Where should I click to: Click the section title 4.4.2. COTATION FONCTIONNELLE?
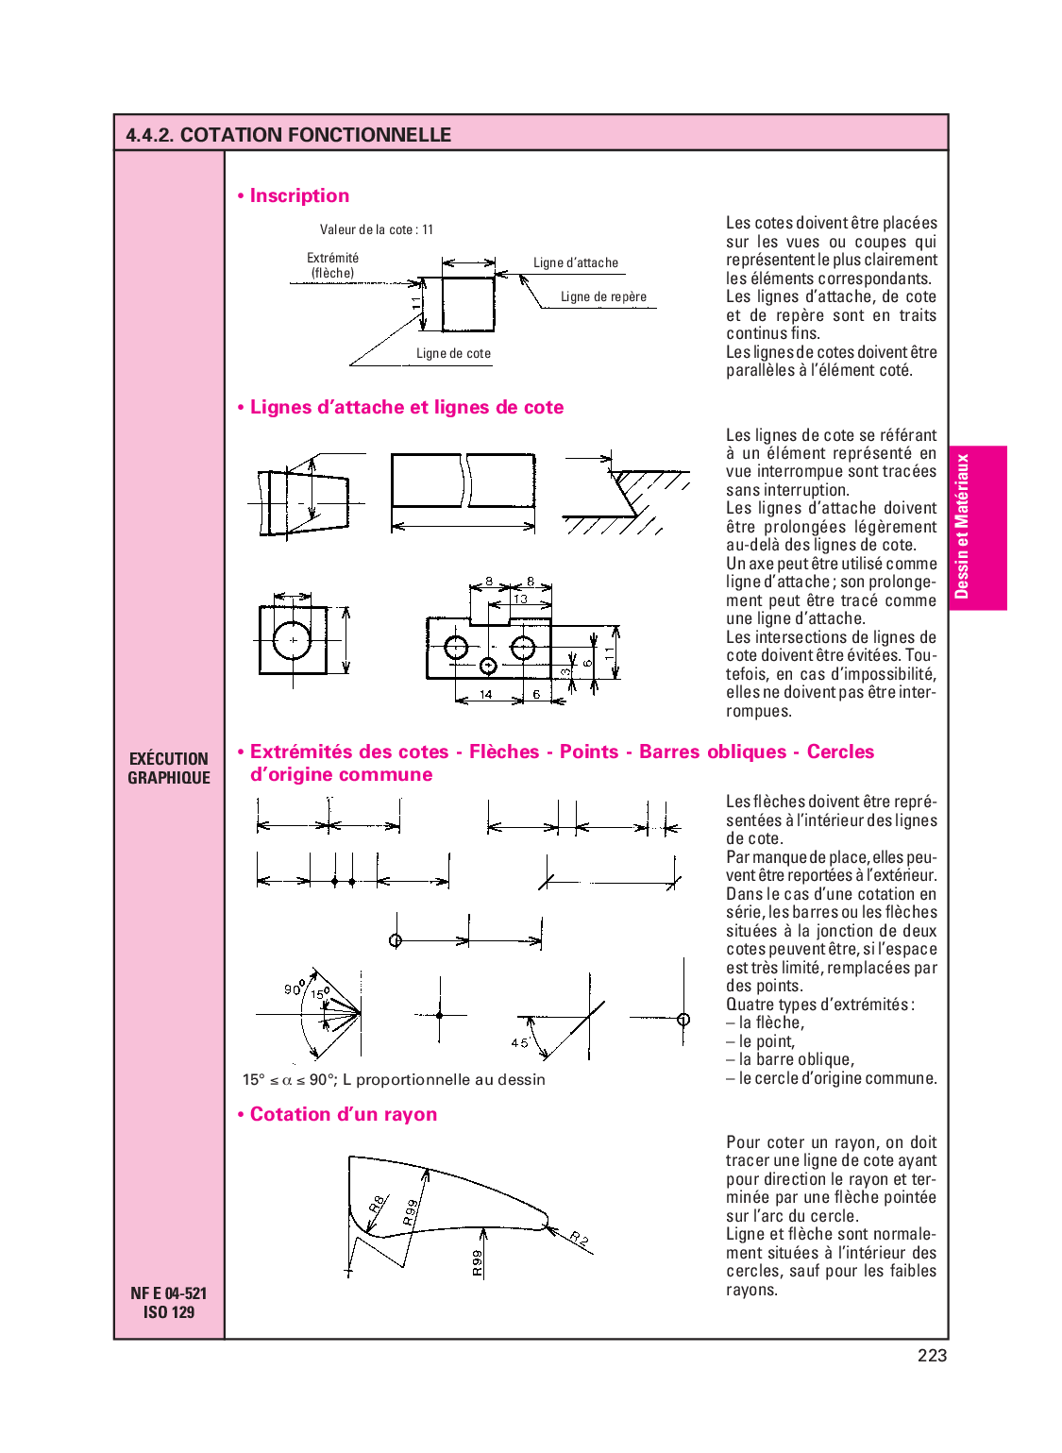pyautogui.click(x=288, y=135)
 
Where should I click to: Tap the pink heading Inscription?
pyautogui.click(x=298, y=196)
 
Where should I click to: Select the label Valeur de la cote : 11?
pyautogui.click(x=376, y=229)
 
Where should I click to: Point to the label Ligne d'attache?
pyautogui.click(x=575, y=263)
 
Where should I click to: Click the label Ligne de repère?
pyautogui.click(x=603, y=296)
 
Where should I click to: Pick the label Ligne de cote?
pyautogui.click(x=453, y=354)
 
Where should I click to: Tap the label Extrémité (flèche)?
pyautogui.click(x=332, y=265)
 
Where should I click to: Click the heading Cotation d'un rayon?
pyautogui.click(x=343, y=1115)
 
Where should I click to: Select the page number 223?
pyautogui.click(x=932, y=1356)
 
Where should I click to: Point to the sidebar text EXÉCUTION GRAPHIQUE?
pyautogui.click(x=169, y=769)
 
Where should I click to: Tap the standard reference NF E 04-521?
pyautogui.click(x=168, y=1293)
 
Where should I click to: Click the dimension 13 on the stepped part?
pyautogui.click(x=520, y=600)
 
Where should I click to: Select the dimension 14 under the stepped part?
pyautogui.click(x=485, y=695)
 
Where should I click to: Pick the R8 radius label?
pyautogui.click(x=376, y=1205)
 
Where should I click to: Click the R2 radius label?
pyautogui.click(x=579, y=1239)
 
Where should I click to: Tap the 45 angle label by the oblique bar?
pyautogui.click(x=519, y=1043)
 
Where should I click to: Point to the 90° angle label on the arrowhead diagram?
pyautogui.click(x=294, y=988)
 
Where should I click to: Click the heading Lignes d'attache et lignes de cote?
pyautogui.click(x=406, y=408)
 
